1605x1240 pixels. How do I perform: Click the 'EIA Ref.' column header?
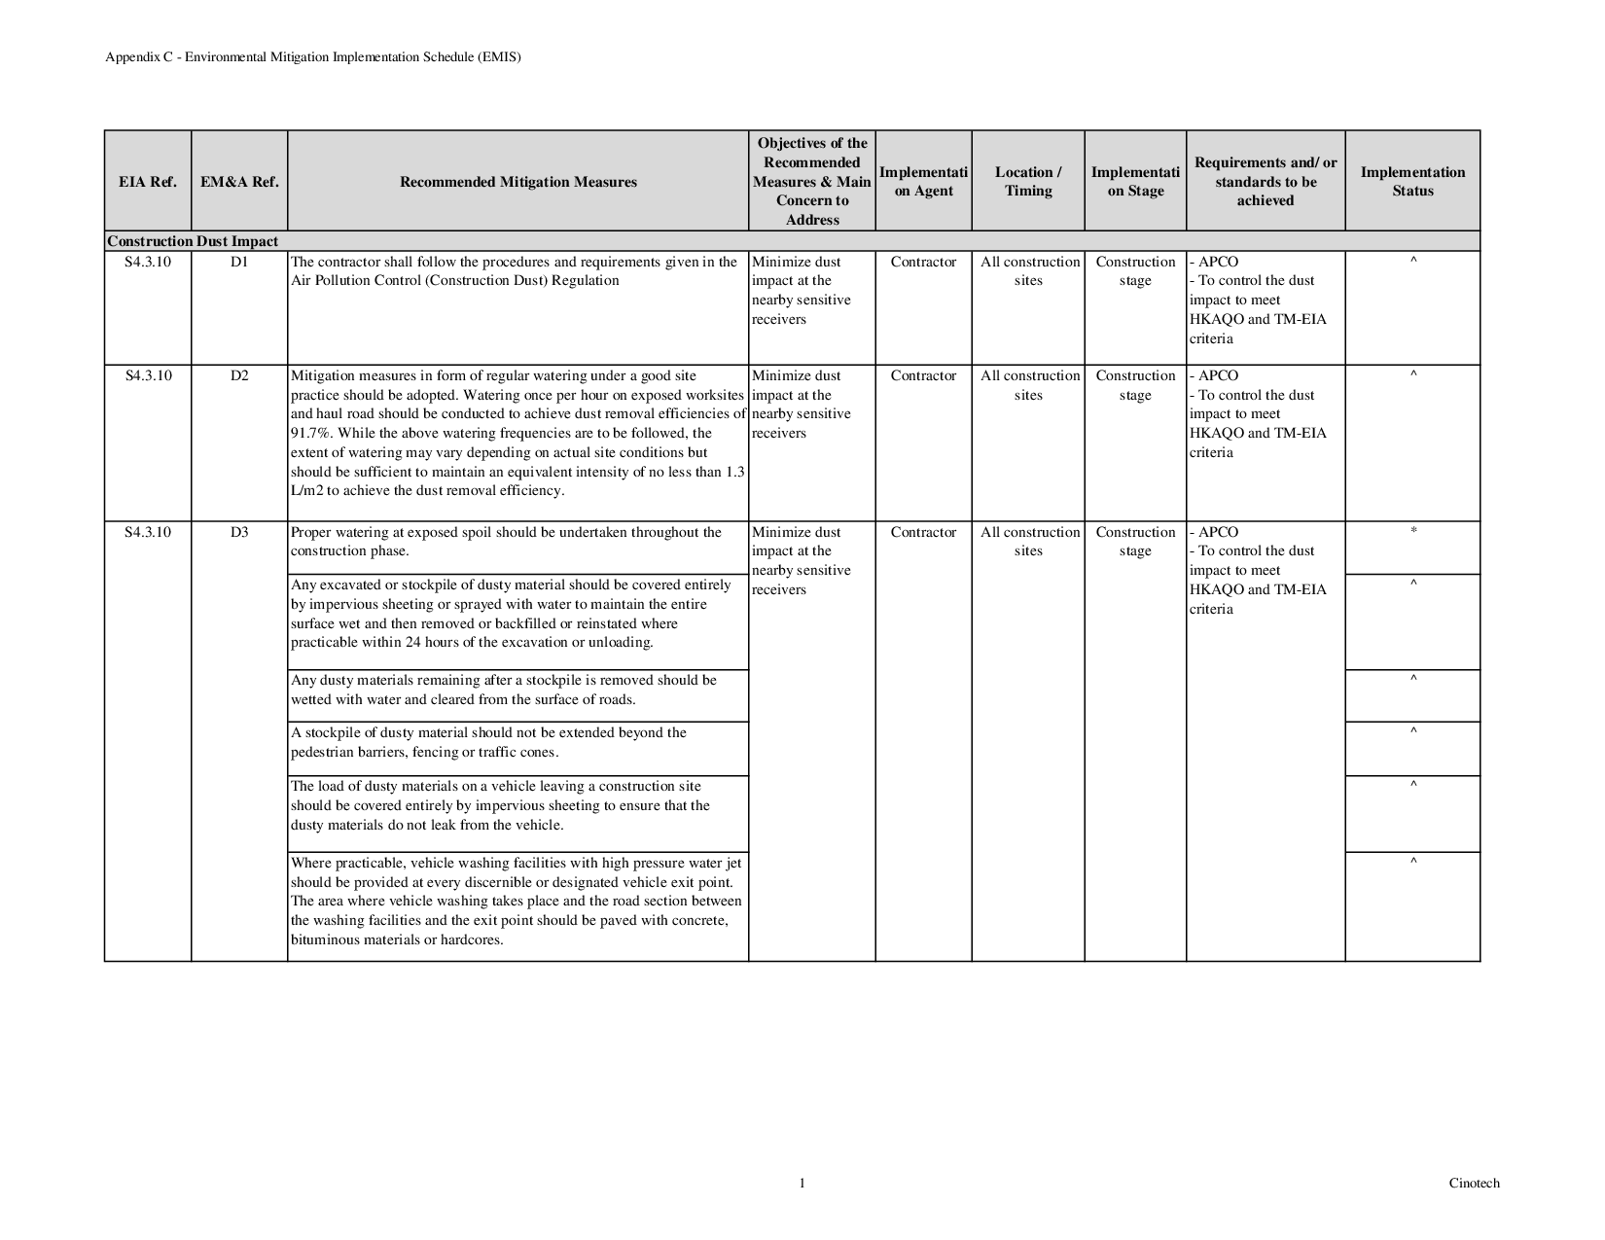[x=148, y=182]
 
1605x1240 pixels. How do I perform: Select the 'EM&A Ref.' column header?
[x=239, y=182]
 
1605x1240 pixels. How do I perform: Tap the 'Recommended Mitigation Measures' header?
[x=518, y=182]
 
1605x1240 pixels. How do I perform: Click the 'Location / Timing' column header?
[x=1028, y=182]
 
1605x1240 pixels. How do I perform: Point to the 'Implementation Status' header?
[x=1412, y=182]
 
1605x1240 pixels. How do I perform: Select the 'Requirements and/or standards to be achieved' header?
[x=1266, y=182]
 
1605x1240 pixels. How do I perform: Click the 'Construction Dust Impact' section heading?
[x=193, y=241]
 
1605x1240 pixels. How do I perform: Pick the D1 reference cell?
[x=239, y=262]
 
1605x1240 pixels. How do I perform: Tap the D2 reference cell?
[x=239, y=375]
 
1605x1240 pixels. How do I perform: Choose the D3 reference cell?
[x=239, y=532]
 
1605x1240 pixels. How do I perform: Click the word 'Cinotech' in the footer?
[x=1474, y=1184]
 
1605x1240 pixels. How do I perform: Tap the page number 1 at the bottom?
[x=802, y=1184]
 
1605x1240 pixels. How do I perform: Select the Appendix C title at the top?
[x=313, y=57]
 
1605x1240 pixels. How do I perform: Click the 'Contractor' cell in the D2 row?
[x=923, y=375]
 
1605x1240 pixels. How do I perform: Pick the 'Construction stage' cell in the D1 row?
[x=1135, y=271]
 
